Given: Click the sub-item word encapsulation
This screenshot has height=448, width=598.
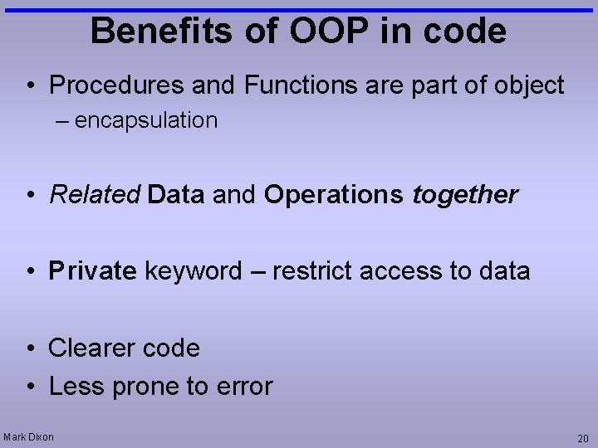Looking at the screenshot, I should click(x=146, y=121).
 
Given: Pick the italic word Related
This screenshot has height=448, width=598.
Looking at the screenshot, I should click(x=96, y=195).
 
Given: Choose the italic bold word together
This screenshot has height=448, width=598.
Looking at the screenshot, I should click(x=465, y=195).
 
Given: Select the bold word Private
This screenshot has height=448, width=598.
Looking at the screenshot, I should click(x=92, y=271).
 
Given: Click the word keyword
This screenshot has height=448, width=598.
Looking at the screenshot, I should click(x=194, y=271).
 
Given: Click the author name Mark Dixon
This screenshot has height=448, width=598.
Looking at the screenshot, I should click(x=29, y=437).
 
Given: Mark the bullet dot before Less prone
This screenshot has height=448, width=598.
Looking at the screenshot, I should click(x=29, y=387).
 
